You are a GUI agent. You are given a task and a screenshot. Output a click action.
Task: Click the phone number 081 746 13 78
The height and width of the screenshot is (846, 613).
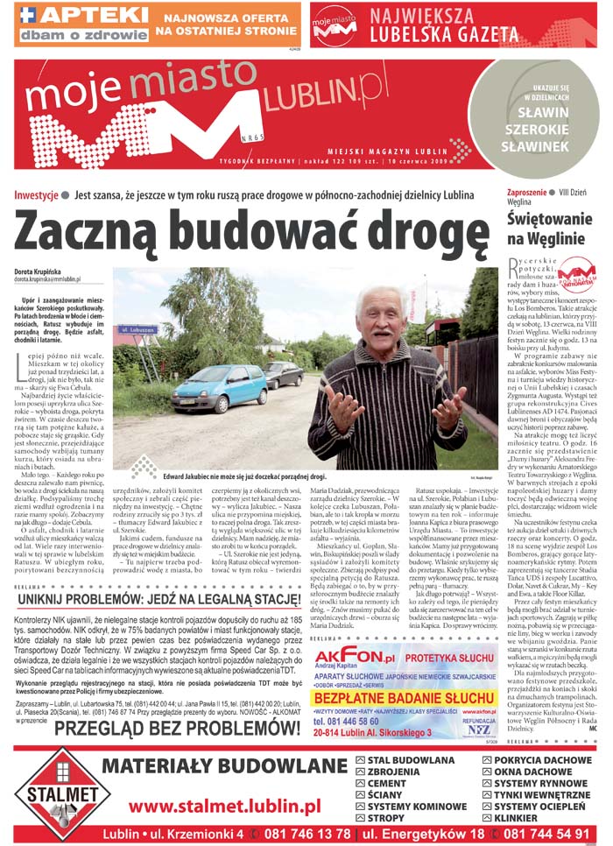pyautogui.click(x=301, y=834)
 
